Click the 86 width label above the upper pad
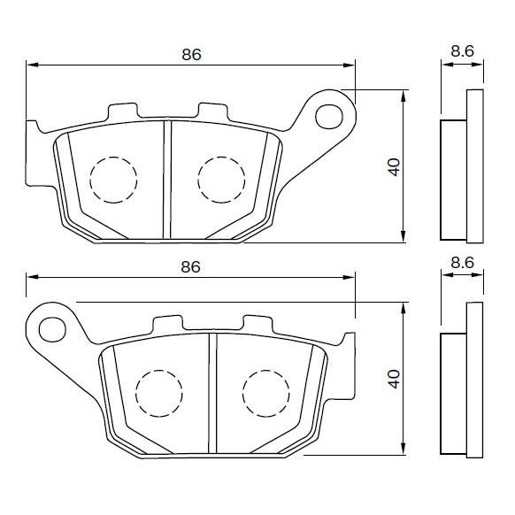pos(192,54)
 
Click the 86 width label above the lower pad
pos(190,266)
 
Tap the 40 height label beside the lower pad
pos(394,378)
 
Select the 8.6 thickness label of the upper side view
pos(462,51)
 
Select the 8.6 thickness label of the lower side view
pos(462,263)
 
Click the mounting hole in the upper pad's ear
pos(330,113)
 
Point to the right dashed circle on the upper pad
pos(220,179)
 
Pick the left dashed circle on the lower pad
pos(158,390)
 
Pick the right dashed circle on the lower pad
pos(265,390)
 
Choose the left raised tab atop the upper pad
pos(123,112)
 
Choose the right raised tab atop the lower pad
pos(257,324)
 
